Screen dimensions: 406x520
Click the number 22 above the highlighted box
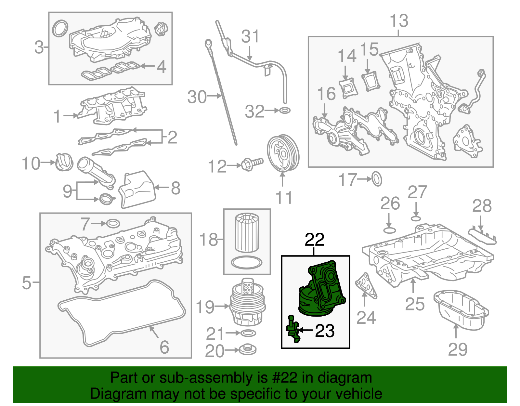click(x=314, y=240)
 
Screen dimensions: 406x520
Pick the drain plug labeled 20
click(x=248, y=350)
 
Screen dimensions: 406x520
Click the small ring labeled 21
click(x=248, y=333)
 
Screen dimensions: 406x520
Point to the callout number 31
click(x=250, y=36)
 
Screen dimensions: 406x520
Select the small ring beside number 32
click(x=285, y=111)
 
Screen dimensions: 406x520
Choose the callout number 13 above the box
click(x=399, y=21)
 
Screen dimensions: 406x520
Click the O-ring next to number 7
click(x=113, y=224)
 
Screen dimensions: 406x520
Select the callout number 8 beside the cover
click(x=175, y=188)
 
